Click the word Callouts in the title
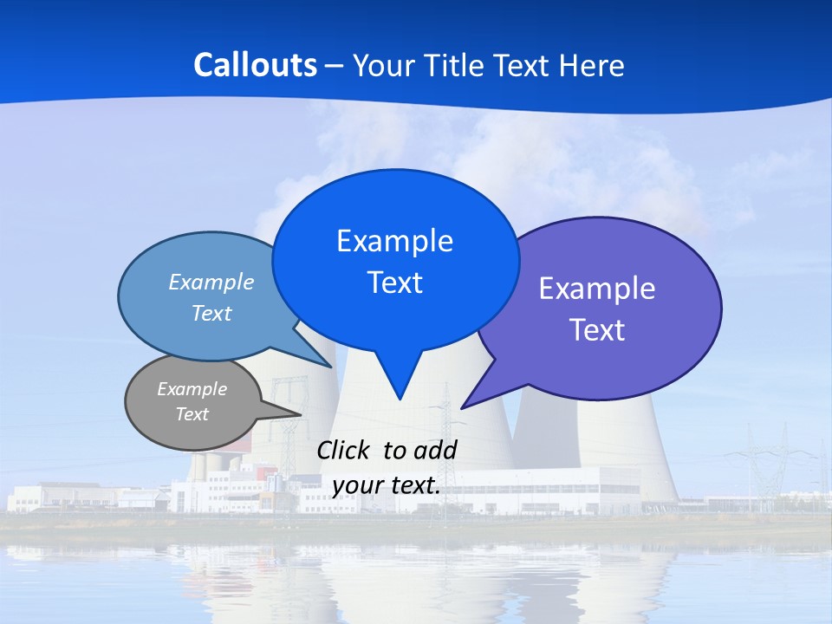click(255, 65)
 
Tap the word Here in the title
click(593, 66)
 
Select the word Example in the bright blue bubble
click(394, 240)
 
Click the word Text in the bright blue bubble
click(394, 282)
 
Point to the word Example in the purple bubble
click(597, 288)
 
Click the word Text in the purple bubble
click(597, 329)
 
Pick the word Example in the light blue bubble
click(211, 282)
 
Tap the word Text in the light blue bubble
click(211, 313)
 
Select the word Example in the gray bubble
click(192, 389)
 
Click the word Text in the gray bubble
click(192, 414)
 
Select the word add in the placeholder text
click(435, 450)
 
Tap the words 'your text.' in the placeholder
click(386, 485)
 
